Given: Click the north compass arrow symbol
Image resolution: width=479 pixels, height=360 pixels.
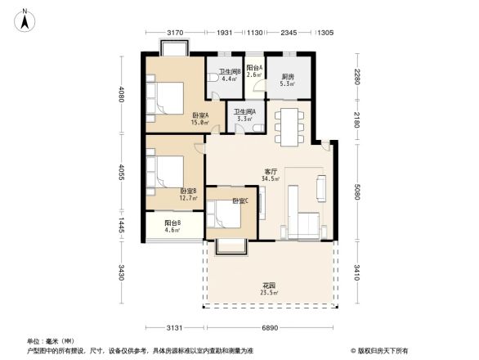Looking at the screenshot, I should click(26, 18).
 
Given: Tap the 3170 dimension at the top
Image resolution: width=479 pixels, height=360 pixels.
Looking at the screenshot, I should click(174, 33).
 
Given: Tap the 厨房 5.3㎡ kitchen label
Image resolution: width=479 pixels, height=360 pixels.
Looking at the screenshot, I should click(287, 79).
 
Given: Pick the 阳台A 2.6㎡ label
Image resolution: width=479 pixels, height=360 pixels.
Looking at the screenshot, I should click(254, 71).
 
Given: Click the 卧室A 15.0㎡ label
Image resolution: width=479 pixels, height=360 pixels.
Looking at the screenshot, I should click(200, 119).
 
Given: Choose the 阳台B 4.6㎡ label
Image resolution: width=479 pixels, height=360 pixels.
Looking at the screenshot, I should click(172, 227).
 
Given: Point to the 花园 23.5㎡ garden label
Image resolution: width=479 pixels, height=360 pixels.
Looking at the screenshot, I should click(270, 289).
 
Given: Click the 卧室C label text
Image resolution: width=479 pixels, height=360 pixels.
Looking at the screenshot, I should click(239, 200).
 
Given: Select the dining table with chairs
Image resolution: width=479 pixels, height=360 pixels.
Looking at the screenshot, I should click(289, 124).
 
